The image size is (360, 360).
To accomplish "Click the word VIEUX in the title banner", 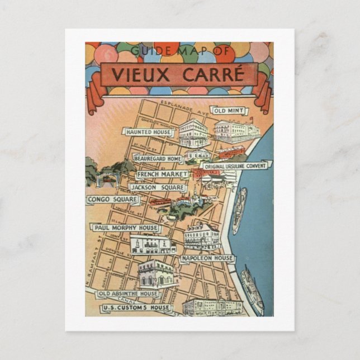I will pyautogui.click(x=140, y=74).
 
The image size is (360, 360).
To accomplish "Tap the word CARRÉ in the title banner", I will pyautogui.click(x=209, y=74).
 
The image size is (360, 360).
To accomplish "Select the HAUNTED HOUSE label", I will pyautogui.click(x=148, y=132).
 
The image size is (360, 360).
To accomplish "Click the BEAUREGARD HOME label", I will pyautogui.click(x=158, y=159).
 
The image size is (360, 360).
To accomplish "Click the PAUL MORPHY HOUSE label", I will pyautogui.click(x=126, y=228).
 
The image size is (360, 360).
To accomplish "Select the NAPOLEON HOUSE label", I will pyautogui.click(x=207, y=259).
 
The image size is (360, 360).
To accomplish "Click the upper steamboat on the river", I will pyautogui.click(x=239, y=210).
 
